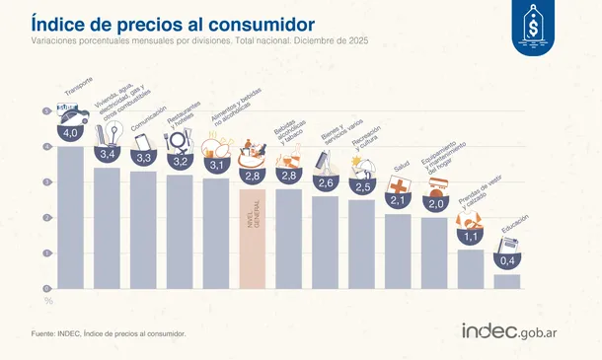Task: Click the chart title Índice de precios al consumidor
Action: coord(174,22)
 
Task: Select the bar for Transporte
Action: coord(70,217)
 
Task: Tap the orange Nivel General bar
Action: coord(253,238)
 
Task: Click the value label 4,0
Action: coord(70,132)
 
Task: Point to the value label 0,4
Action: coord(506,260)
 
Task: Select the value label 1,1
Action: coord(471,237)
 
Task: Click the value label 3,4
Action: coord(107,154)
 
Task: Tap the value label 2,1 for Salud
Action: coord(398,201)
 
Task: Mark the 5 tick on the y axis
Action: coord(46,111)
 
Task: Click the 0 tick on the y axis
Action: coord(46,288)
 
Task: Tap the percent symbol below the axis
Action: coord(46,300)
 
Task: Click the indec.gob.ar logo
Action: coord(520,332)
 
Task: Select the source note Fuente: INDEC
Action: coord(109,333)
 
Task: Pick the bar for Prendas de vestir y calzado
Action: coord(471,268)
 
